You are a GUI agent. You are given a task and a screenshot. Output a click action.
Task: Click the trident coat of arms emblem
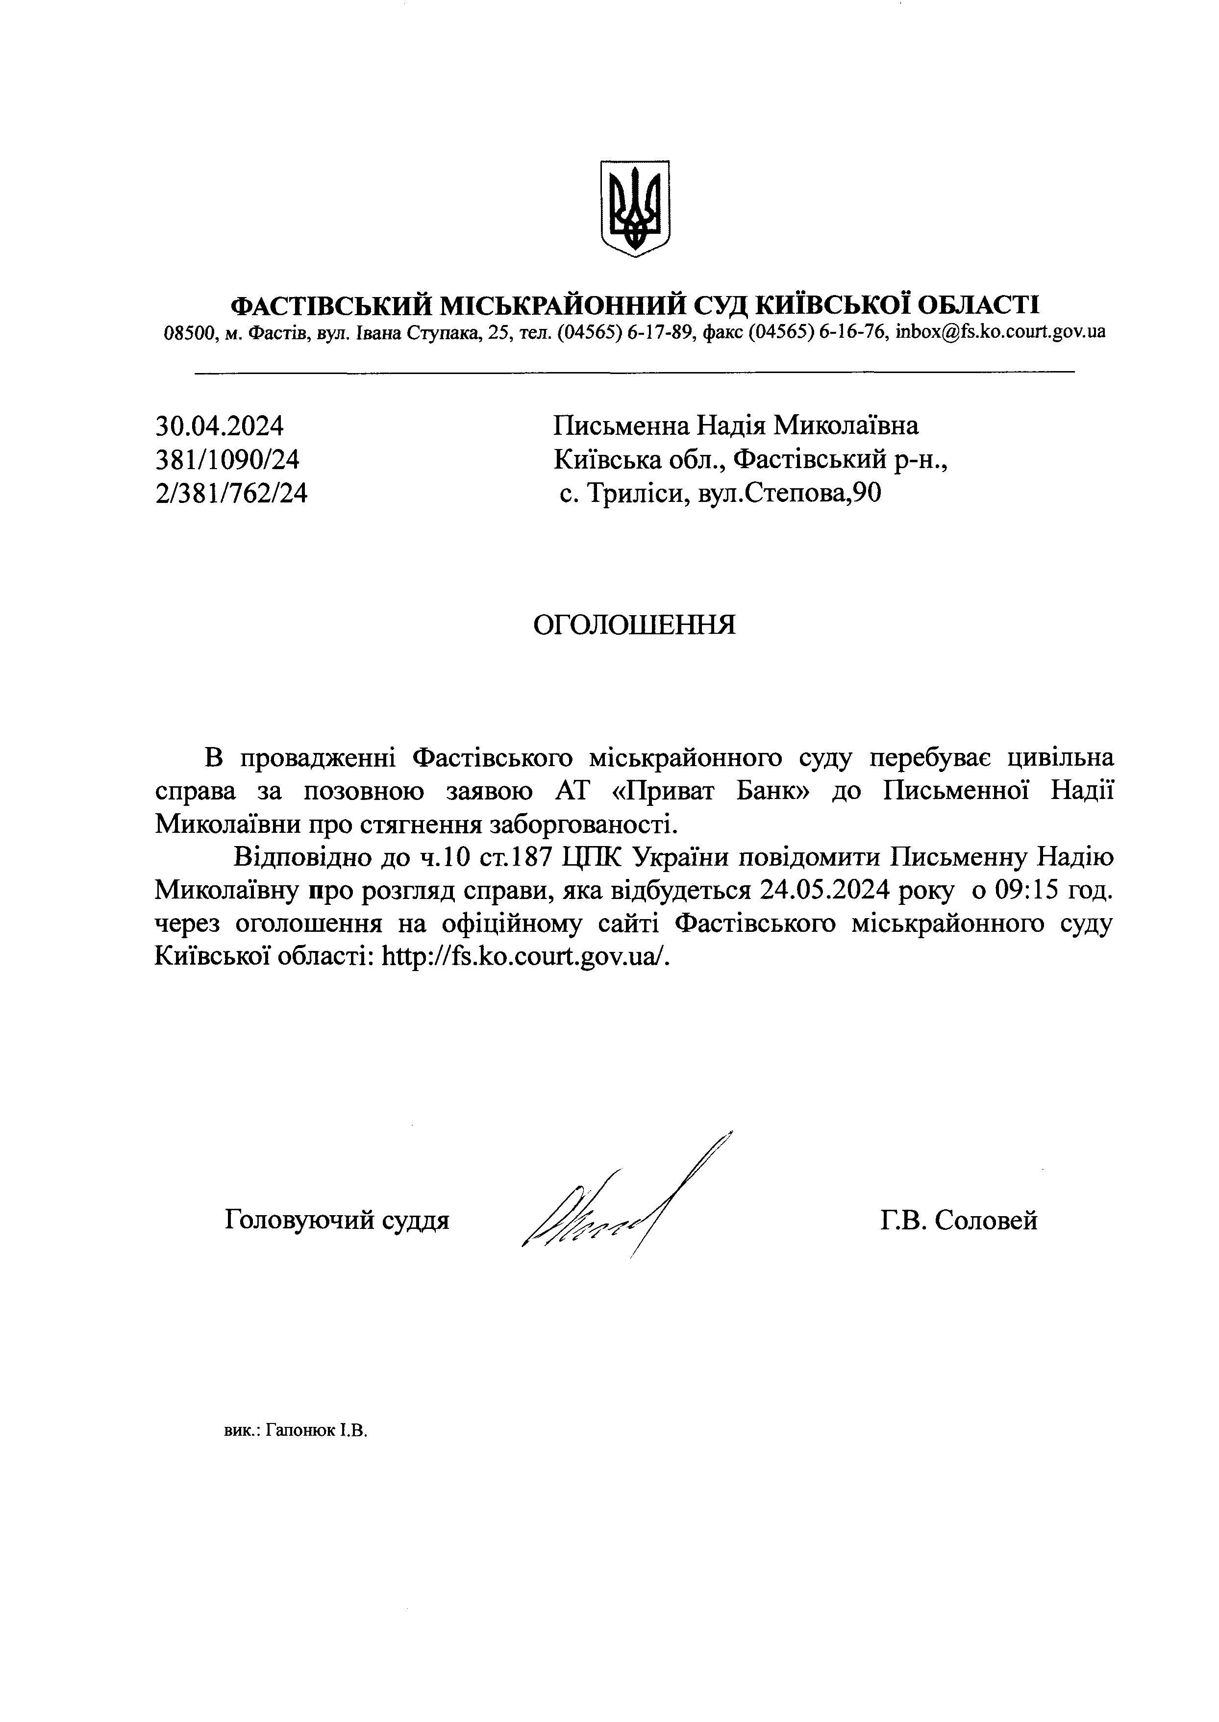coord(635,207)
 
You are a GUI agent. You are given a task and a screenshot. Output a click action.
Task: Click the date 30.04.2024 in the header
coord(219,426)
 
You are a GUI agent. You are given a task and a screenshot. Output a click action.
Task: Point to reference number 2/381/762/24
coord(231,493)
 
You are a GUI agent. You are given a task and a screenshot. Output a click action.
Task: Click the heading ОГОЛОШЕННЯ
coord(634,625)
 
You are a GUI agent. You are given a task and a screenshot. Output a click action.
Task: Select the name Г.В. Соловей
coord(959,1221)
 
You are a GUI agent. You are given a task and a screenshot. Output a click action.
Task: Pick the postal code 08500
coord(188,332)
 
